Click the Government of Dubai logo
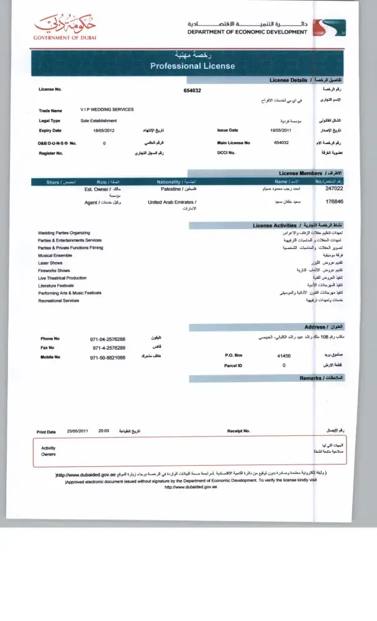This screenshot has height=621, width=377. (65, 28)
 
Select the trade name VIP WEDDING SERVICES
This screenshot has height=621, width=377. (107, 109)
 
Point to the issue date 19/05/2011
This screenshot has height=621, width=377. (281, 130)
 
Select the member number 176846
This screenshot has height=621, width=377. (335, 202)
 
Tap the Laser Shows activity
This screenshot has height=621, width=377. (50, 263)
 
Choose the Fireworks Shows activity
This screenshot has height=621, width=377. (54, 271)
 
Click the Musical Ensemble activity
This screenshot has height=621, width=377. (54, 255)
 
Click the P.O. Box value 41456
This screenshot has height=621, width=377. (284, 356)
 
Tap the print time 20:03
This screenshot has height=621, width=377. (104, 430)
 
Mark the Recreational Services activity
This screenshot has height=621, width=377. (58, 301)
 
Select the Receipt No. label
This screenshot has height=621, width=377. (238, 430)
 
